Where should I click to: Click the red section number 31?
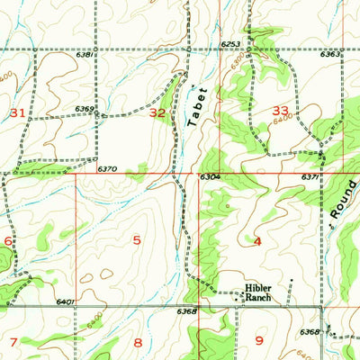[18, 112]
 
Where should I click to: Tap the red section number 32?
[157, 112]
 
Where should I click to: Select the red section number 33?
[281, 110]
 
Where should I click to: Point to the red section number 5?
[137, 239]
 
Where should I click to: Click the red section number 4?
[257, 241]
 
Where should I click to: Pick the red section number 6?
[8, 241]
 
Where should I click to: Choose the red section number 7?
[13, 342]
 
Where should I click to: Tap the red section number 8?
[138, 342]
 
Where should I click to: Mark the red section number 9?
[259, 340]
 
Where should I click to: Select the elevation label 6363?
[329, 55]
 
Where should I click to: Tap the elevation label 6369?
[85, 109]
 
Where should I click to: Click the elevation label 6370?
[108, 168]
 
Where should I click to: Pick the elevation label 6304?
[211, 177]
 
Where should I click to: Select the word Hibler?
[257, 289]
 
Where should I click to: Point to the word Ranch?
[257, 298]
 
